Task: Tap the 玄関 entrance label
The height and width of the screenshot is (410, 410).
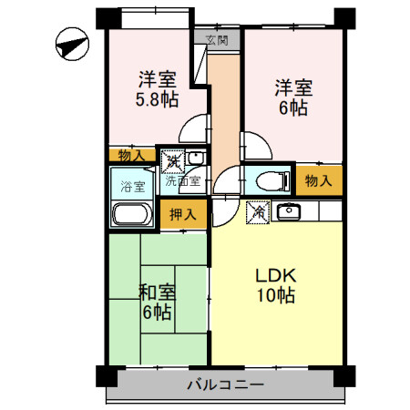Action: (217, 39)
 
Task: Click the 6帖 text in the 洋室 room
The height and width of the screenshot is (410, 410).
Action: (293, 108)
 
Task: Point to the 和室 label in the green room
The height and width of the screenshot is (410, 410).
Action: (157, 292)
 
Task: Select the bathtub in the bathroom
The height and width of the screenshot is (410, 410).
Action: (133, 216)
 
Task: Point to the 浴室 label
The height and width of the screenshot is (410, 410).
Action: (133, 187)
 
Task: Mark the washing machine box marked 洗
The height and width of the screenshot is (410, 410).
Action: (171, 161)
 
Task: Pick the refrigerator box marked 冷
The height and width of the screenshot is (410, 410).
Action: (259, 212)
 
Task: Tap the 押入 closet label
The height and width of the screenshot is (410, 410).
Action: (183, 215)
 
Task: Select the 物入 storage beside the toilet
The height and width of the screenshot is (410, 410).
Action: (318, 180)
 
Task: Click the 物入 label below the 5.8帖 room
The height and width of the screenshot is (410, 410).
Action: (132, 156)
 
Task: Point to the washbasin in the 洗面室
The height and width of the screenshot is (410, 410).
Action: (194, 160)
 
